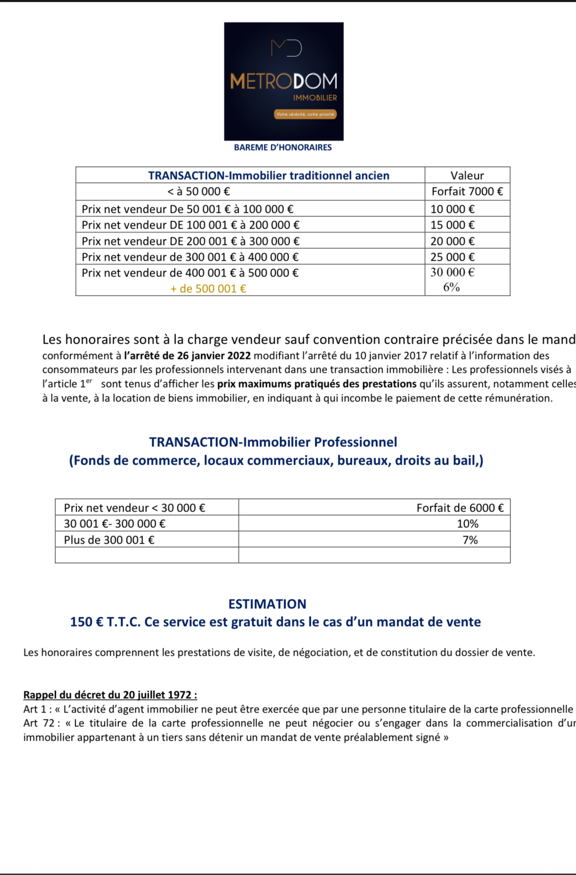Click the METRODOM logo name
284,81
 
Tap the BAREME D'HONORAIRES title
283,147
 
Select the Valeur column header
467,175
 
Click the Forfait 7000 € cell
467,192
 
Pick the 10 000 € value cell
453,209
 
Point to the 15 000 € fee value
453,225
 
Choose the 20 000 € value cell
453,241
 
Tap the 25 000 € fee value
453,257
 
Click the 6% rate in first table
452,287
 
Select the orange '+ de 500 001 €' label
208,289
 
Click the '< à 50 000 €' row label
199,192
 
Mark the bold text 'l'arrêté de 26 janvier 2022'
187,356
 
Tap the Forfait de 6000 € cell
459,508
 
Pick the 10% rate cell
467,524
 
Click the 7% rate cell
470,540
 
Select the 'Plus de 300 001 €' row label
109,540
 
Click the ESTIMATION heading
267,604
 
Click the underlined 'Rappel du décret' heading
110,695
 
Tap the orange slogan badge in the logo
305,115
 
